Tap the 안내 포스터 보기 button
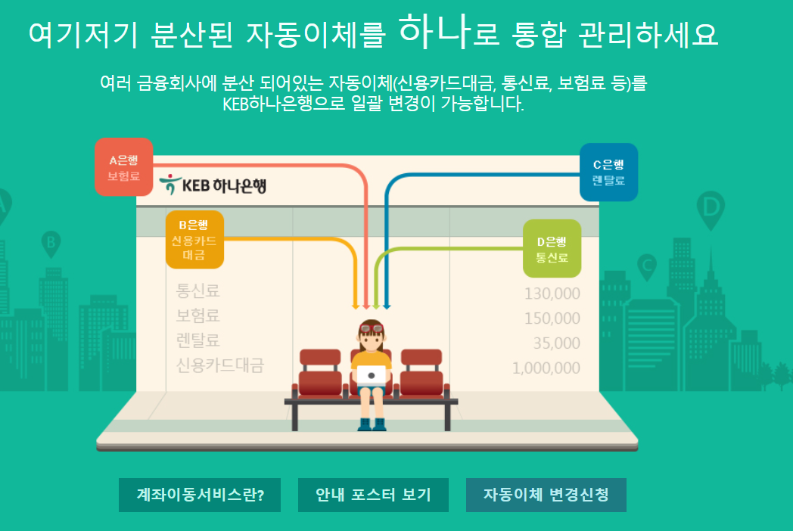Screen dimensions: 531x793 (373, 495)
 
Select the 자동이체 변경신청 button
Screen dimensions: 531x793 (546, 495)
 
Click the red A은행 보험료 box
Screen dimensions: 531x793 (124, 168)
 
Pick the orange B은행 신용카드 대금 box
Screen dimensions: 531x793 (194, 239)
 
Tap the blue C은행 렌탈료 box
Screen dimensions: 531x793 (608, 172)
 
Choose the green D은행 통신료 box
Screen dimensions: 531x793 (552, 249)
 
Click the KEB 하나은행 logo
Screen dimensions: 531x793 (214, 185)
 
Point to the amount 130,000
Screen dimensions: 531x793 (552, 293)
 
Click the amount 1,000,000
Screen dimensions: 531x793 (546, 368)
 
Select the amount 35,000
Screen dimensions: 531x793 (556, 343)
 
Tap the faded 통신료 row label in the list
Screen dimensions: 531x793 (198, 290)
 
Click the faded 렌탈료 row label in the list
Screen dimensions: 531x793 (198, 340)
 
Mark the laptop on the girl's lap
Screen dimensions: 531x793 (371, 374)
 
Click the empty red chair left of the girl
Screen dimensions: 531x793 (320, 371)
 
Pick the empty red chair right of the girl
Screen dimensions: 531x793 (421, 371)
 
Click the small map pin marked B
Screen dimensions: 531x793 (51, 243)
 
